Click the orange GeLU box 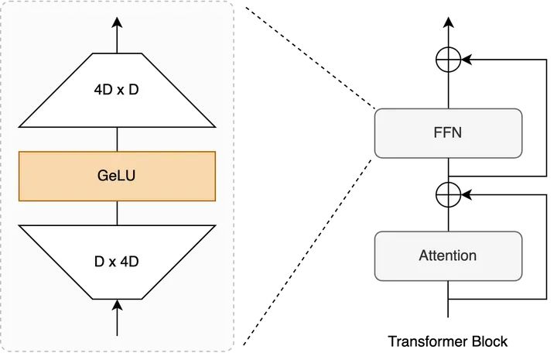[x=117, y=176]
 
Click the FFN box [x=448, y=132]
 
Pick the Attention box [x=448, y=255]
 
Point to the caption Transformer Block [x=448, y=341]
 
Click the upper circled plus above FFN [x=448, y=59]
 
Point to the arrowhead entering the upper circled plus [x=465, y=59]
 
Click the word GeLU [x=117, y=176]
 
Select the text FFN [x=448, y=132]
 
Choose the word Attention [x=448, y=255]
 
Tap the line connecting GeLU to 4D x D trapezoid [x=117, y=139]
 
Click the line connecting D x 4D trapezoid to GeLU [x=117, y=213]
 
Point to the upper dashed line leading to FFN [x=309, y=57]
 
